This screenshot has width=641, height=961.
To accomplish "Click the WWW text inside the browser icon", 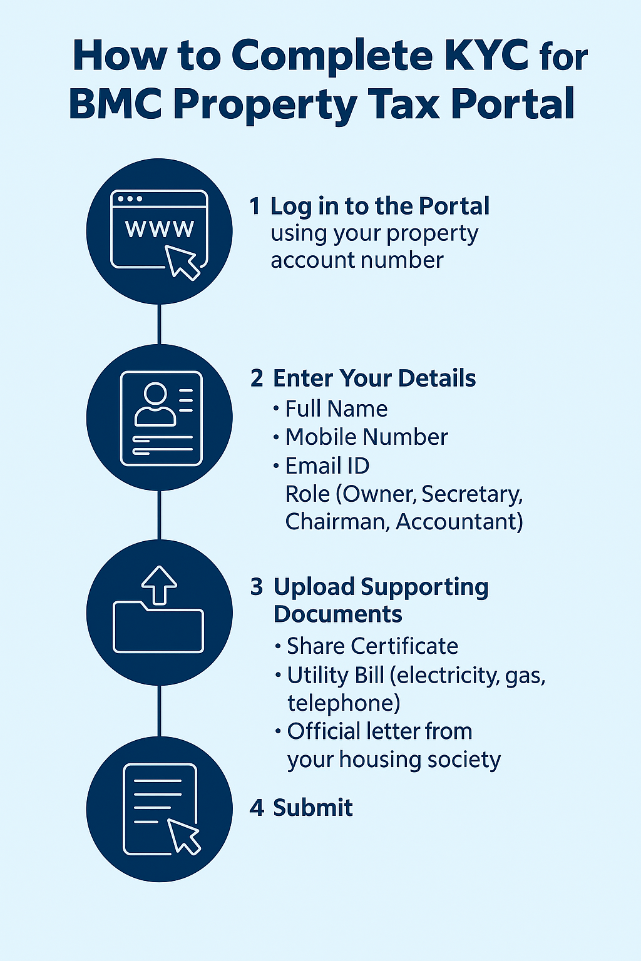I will click(x=160, y=229).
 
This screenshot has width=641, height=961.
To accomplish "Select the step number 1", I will click(x=255, y=206).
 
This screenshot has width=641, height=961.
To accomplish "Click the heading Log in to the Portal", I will click(x=379, y=206).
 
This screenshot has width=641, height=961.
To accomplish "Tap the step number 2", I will click(x=257, y=379).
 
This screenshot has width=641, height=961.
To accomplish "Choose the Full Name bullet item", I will click(x=336, y=409).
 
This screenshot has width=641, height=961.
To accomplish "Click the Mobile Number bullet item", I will click(x=366, y=437).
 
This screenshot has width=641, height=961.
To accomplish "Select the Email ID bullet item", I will click(x=327, y=466).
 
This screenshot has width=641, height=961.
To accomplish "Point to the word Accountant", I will click(x=459, y=521).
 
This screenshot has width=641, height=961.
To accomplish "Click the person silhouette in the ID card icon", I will click(x=155, y=405).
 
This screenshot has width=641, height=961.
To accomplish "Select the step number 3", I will click(x=257, y=587).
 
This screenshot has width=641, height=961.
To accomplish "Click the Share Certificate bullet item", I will click(x=372, y=646).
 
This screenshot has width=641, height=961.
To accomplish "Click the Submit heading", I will click(x=312, y=808).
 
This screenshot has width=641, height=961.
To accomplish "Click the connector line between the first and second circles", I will click(x=160, y=324).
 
